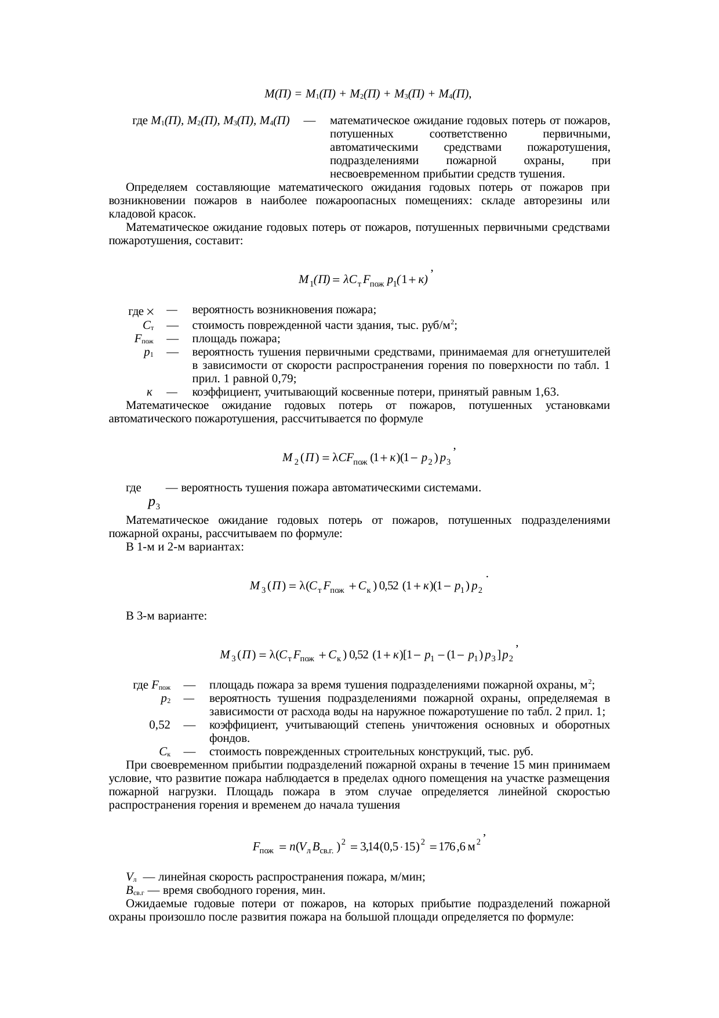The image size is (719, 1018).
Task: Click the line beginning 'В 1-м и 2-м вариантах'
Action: point(184,547)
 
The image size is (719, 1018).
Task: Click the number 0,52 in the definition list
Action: point(159,725)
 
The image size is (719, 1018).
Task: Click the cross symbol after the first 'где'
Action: point(150,313)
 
